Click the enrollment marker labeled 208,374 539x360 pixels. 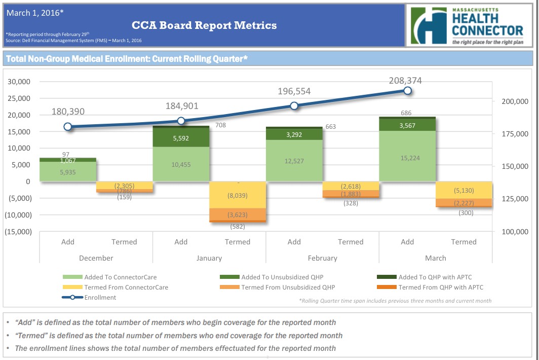(407, 91)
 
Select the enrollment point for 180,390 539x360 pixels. (68, 127)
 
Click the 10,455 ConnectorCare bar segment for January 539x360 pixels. (181, 164)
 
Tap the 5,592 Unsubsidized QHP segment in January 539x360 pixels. (181, 137)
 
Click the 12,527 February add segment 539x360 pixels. (294, 160)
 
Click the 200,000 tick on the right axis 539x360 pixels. (514, 101)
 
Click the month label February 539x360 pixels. (323, 258)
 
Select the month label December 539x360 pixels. (96, 258)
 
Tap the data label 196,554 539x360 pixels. (294, 91)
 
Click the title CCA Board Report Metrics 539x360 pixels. (204, 25)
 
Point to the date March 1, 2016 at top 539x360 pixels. (35, 13)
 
